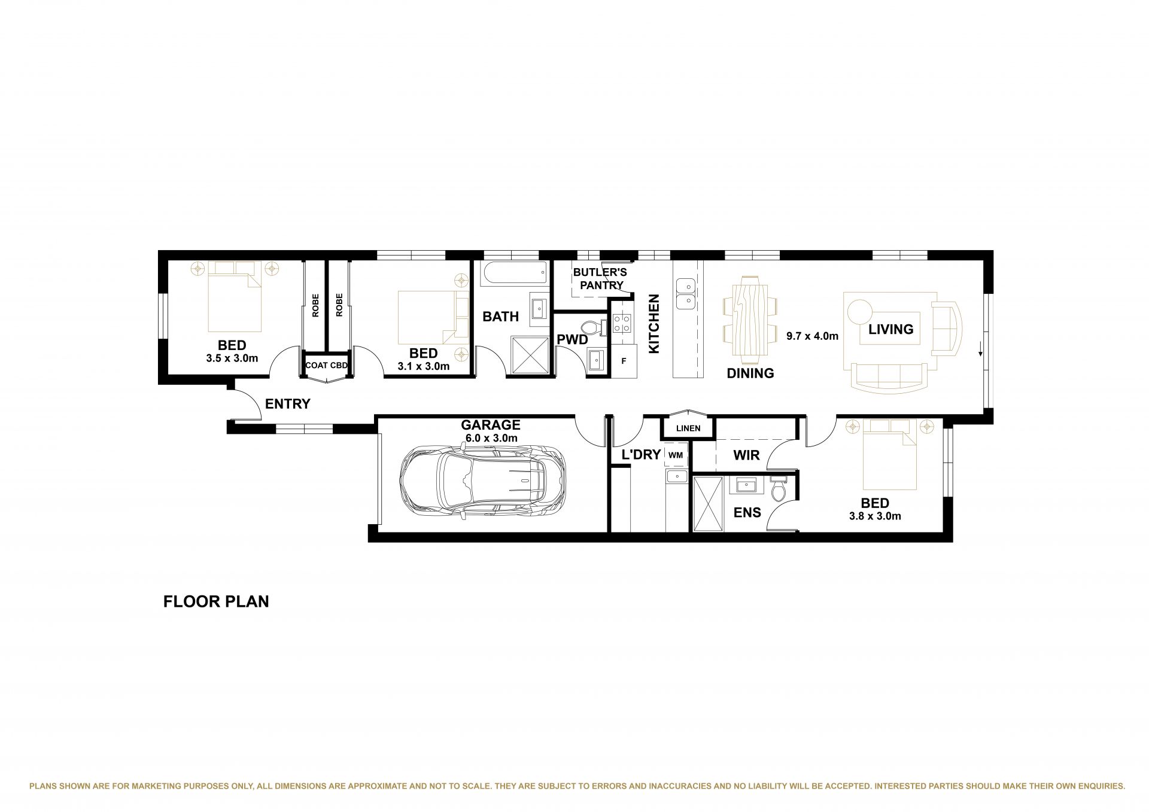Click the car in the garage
pyautogui.click(x=482, y=482)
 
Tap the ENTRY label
pyautogui.click(x=288, y=404)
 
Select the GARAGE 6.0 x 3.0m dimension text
pyautogui.click(x=491, y=438)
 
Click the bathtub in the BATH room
pyautogui.click(x=515, y=273)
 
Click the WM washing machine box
pyautogui.click(x=676, y=455)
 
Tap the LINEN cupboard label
pyautogui.click(x=688, y=428)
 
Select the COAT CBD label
pyautogui.click(x=326, y=365)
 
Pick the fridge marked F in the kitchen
pyautogui.click(x=624, y=361)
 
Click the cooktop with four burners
pyautogui.click(x=622, y=323)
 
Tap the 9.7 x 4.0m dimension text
pyautogui.click(x=812, y=336)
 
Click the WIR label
pyautogui.click(x=746, y=455)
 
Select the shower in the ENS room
pyautogui.click(x=709, y=504)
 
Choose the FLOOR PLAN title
pyautogui.click(x=216, y=601)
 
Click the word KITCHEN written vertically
pyautogui.click(x=653, y=324)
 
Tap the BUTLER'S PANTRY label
pyautogui.click(x=600, y=279)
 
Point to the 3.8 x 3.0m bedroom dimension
pyautogui.click(x=875, y=516)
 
